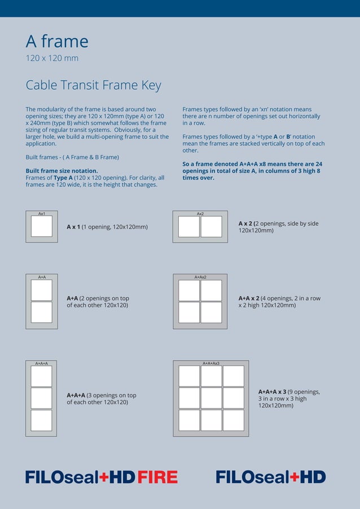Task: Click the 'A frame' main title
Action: point(57,41)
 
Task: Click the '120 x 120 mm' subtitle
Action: point(52,58)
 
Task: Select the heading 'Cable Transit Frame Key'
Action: point(93,85)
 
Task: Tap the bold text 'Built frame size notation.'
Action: point(62,170)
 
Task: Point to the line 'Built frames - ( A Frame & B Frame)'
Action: point(72,157)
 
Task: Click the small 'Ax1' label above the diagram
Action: point(42,214)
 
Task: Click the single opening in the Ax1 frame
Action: point(41,226)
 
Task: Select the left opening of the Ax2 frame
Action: point(188,226)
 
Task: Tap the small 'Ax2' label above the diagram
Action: point(200,214)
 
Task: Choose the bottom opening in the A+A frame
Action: point(41,312)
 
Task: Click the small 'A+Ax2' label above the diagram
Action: point(200,277)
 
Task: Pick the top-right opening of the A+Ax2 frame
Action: point(211,290)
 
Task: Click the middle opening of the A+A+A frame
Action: point(41,398)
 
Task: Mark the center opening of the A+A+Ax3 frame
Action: point(211,398)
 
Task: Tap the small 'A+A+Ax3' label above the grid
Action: point(210,363)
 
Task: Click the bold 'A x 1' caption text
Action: point(73,227)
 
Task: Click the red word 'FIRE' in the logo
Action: point(157,477)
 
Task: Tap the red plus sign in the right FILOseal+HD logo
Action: point(295,477)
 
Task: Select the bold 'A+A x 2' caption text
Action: point(249,299)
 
